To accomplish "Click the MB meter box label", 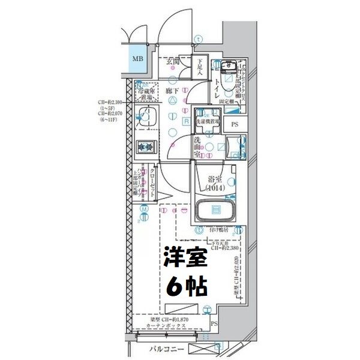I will click(137, 59).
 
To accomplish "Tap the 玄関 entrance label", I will click(174, 60).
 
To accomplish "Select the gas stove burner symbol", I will click(145, 146).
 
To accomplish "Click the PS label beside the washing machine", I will click(235, 124).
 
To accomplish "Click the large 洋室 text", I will click(186, 258).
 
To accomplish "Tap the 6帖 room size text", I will click(186, 286).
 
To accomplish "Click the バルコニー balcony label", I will click(164, 349).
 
